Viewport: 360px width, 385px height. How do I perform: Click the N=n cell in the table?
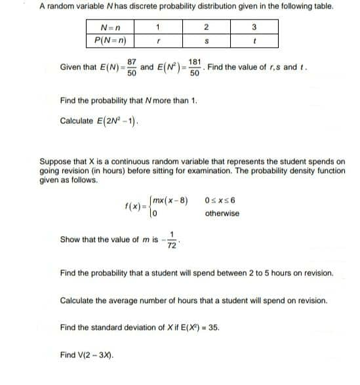110,28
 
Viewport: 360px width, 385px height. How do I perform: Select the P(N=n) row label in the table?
110,39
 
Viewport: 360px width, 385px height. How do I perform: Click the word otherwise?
222,213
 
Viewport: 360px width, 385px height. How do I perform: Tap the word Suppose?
56,161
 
